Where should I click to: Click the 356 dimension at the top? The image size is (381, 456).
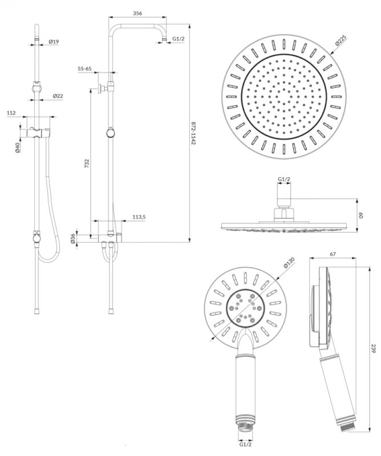coord(137,13)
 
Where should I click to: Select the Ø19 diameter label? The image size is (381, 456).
coord(54,42)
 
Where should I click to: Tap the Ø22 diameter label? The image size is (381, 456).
coord(58,96)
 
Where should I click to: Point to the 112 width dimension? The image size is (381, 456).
coord(11,113)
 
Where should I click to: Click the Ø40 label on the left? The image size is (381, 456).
coord(17,148)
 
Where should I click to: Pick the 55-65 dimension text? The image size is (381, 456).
coord(84,69)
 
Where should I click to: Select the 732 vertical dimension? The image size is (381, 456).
coord(87,164)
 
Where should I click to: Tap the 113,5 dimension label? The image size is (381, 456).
coord(139,217)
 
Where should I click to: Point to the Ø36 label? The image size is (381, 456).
coord(73,239)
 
